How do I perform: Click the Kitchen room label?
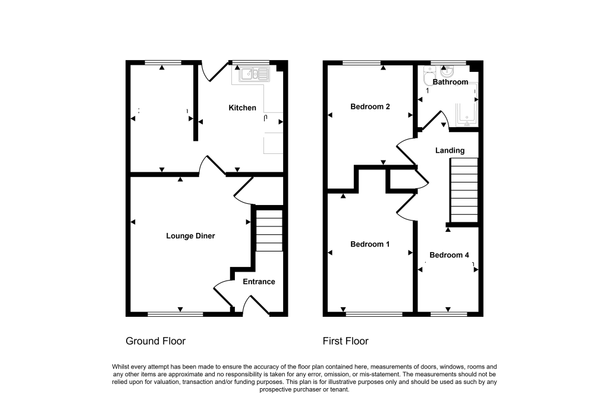243,108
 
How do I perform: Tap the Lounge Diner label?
190,236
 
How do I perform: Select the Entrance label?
259,282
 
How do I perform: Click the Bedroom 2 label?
370,107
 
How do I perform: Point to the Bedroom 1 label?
370,244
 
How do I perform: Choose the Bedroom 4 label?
449,255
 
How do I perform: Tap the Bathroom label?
450,82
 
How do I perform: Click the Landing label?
450,151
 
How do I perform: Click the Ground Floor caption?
156,341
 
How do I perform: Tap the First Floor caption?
346,341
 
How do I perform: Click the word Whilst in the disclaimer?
122,367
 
